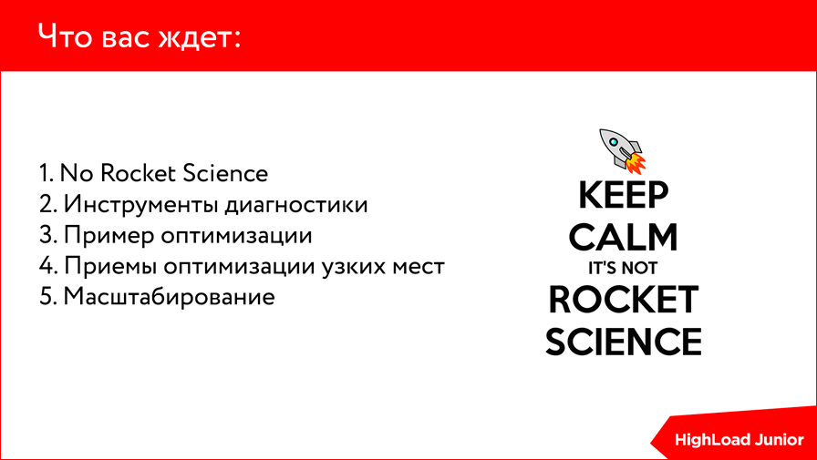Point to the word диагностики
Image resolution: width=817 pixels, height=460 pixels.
pyautogui.click(x=296, y=204)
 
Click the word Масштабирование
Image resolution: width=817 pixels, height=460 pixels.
pyautogui.click(x=169, y=297)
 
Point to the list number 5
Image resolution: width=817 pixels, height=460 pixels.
pyautogui.click(x=46, y=297)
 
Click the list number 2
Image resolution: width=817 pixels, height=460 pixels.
pyautogui.click(x=46, y=204)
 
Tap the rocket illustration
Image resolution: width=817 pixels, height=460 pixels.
pyautogui.click(x=621, y=149)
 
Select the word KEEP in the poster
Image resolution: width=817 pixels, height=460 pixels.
pyautogui.click(x=624, y=196)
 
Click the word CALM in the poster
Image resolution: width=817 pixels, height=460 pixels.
pyautogui.click(x=624, y=237)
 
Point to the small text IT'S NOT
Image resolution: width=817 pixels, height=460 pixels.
pyautogui.click(x=623, y=269)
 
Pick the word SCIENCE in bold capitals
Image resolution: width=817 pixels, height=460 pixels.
pyautogui.click(x=624, y=341)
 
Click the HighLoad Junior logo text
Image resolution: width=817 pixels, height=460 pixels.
pyautogui.click(x=739, y=439)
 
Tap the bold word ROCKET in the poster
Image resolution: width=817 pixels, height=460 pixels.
pyautogui.click(x=624, y=299)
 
